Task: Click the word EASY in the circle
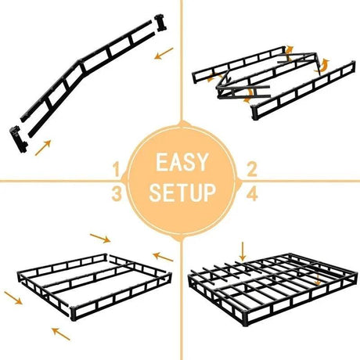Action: [181, 163]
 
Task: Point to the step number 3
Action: [116, 193]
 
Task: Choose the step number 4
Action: [252, 193]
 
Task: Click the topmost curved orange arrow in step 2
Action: [288, 52]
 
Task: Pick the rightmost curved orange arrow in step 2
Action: [319, 67]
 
